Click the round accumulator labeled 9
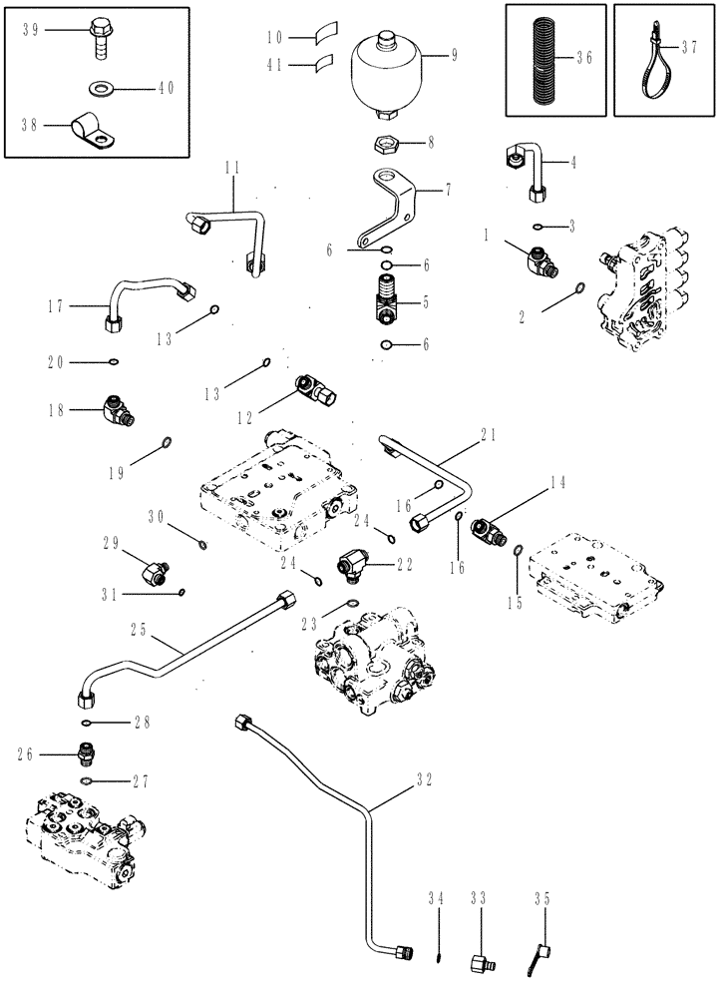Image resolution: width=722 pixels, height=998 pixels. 388,71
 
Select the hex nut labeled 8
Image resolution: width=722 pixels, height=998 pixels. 388,143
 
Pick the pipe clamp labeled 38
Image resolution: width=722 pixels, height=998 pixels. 94,129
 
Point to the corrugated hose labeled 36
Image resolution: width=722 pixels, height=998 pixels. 539,59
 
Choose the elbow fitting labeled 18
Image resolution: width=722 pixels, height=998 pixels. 120,411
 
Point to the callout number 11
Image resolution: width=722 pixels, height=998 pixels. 231,169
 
